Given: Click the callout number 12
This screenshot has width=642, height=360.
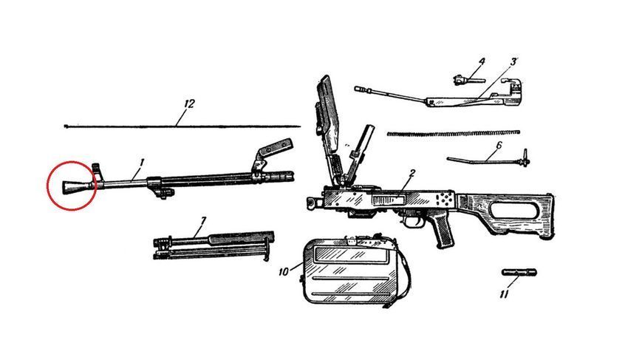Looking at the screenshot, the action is coord(188,104).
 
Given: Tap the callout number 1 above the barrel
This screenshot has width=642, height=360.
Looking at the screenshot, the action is coord(141,163).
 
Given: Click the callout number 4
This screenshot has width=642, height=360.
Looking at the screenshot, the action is coord(482,62).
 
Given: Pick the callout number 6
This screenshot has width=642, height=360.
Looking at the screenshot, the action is coord(498,146).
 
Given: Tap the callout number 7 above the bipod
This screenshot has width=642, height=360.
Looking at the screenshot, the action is coord(202,222).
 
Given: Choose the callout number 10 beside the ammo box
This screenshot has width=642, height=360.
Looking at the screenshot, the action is coord(284,271).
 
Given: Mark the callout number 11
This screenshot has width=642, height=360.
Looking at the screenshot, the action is coord(504,294).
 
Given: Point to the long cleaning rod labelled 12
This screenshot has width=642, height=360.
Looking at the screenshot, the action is coord(182,126).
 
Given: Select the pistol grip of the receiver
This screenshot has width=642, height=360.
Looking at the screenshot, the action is coord(443,231).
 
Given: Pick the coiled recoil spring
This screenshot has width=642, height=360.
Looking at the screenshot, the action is coord(454,133).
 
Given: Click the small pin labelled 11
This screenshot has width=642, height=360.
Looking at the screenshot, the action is coord(519,272).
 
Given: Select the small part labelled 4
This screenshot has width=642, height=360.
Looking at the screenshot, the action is coord(464,79).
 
